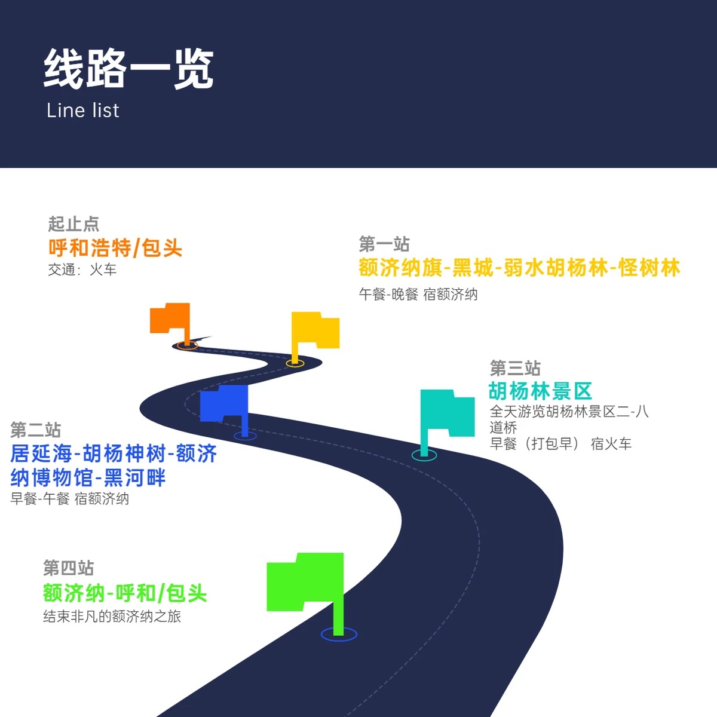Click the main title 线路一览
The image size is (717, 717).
(x=128, y=69)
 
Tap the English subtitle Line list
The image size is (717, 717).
(x=83, y=111)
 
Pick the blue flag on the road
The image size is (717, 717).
(x=225, y=403)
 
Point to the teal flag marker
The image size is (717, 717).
(x=446, y=413)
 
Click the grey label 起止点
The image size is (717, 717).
(x=73, y=224)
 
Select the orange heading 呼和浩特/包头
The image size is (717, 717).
(x=115, y=248)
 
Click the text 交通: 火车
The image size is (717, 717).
(x=82, y=270)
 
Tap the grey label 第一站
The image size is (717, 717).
(x=384, y=244)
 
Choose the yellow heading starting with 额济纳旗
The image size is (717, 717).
(x=519, y=268)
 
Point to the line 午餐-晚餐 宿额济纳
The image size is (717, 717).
(x=418, y=294)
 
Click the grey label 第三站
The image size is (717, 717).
(x=515, y=367)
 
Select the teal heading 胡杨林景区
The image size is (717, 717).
(x=540, y=391)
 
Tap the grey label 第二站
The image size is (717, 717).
(x=36, y=430)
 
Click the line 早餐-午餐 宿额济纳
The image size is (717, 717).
(x=70, y=498)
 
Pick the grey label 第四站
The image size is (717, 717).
(x=69, y=568)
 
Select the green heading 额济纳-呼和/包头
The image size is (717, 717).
(x=125, y=593)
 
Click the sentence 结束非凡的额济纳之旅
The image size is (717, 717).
(x=112, y=616)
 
